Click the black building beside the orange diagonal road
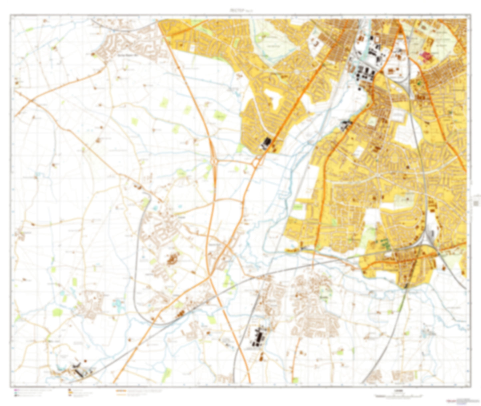pos(266,143)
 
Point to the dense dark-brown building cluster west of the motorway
pos(172,258)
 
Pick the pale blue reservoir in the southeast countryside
pos(427,333)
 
